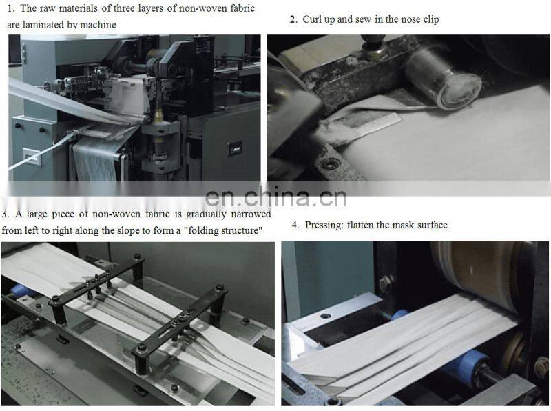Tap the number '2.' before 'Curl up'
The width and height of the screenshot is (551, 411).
[x=294, y=19]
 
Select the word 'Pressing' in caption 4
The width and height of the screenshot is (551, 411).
[x=324, y=225]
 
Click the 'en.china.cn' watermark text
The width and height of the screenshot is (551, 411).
[x=275, y=198]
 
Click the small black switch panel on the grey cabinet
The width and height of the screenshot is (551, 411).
[x=235, y=148]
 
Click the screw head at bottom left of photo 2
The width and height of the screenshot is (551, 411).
[x=333, y=163]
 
